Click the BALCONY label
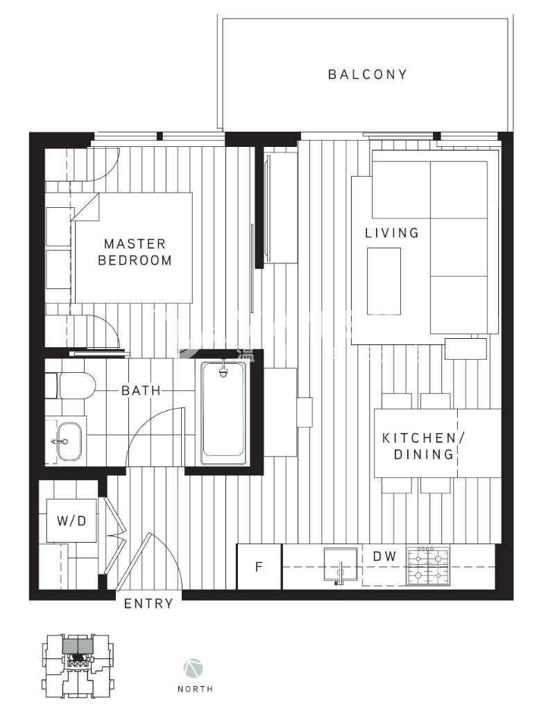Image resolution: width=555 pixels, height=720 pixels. [367, 74]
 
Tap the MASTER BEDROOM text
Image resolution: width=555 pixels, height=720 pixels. [135, 252]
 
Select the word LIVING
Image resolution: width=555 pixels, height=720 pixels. [392, 233]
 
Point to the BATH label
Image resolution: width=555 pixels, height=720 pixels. [141, 391]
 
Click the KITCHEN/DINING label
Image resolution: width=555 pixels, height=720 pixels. [420, 446]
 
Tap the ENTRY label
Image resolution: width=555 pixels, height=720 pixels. [148, 604]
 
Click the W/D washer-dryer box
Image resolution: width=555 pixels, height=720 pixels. [71, 520]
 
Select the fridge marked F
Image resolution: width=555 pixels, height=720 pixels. [259, 567]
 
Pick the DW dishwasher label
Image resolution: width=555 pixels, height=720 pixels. [384, 556]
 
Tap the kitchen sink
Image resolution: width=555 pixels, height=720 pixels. [341, 566]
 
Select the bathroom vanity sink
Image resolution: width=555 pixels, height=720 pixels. [68, 441]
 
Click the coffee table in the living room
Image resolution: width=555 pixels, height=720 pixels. [384, 281]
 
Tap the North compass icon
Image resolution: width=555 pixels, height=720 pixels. [194, 669]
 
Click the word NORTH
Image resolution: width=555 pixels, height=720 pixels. [195, 689]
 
